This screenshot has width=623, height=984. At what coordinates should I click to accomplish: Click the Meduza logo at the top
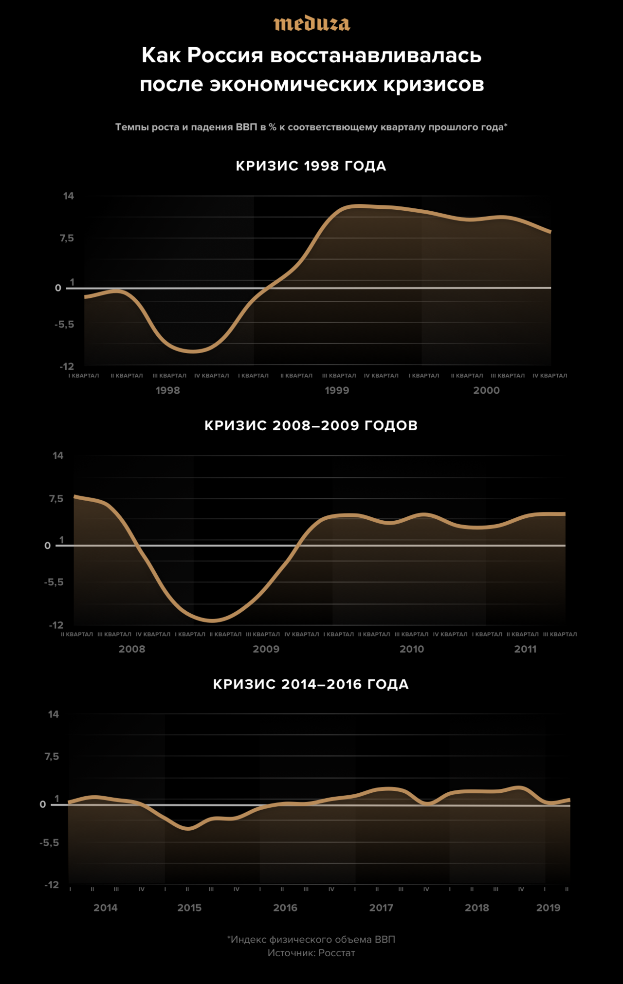311,24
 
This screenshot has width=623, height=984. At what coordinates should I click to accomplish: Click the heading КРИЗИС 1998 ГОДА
311,166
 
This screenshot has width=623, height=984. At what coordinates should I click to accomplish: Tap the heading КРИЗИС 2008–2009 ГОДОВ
311,425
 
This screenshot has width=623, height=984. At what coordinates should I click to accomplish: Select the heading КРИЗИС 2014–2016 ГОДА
311,684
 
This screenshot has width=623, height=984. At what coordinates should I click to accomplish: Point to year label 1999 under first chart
337,390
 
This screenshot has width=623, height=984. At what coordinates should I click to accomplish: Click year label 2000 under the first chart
486,390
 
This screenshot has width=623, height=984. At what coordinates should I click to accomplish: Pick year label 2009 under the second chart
266,649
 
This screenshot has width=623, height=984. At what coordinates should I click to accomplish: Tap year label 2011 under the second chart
525,649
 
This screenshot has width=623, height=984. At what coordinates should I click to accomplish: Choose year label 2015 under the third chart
189,908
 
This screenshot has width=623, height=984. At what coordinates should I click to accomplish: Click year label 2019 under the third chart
548,908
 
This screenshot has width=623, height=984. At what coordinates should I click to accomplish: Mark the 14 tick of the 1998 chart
69,196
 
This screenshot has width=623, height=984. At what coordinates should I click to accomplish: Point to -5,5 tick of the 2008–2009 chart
54,582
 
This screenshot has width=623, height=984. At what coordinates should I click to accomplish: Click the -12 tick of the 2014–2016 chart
52,885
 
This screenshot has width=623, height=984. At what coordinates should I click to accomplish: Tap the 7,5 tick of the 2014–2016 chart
52,756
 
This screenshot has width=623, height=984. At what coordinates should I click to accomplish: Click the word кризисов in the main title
433,84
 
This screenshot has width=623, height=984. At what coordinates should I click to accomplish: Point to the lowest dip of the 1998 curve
194,351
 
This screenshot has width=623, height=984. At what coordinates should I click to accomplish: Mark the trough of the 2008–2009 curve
212,620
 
